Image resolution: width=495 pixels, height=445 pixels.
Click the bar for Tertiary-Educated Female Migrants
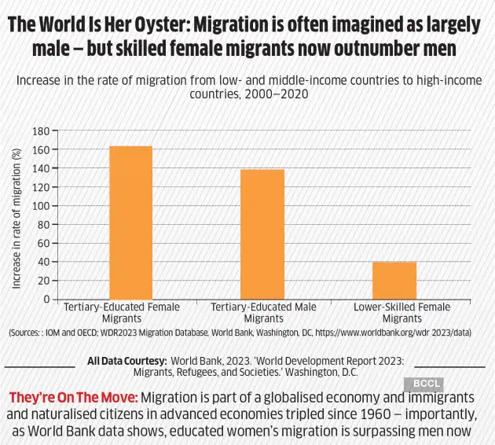coord(130,222)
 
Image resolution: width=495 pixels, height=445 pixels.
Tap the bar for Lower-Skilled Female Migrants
coord(394,280)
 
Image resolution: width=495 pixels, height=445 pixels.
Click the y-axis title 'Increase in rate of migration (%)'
coord(16,215)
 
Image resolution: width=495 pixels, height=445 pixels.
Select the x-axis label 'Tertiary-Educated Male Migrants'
coord(263,313)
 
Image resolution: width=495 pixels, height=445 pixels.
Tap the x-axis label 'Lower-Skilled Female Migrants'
coord(402,313)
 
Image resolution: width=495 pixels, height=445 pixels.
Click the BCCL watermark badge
coord(423,384)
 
